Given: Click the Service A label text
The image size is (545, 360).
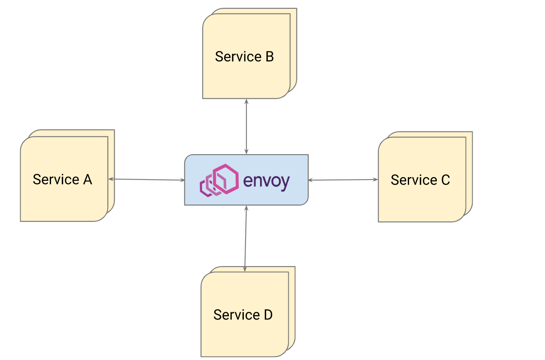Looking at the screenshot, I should click(62, 180).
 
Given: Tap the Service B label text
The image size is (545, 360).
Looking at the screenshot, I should click(244, 57).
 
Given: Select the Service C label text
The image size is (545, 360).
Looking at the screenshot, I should click(420, 180).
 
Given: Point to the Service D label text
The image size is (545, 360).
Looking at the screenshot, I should click(243, 315).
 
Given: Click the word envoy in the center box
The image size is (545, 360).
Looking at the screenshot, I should click(266, 181).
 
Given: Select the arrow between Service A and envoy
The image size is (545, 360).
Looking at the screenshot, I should click(146, 180).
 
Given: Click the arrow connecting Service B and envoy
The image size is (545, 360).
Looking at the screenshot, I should click(246, 126).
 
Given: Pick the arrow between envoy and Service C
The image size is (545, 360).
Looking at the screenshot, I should click(343, 180).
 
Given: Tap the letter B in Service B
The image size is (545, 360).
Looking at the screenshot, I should click(269, 57).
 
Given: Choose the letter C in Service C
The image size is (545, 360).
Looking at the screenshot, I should click(445, 180).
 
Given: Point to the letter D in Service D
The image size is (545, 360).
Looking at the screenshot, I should click(267, 315).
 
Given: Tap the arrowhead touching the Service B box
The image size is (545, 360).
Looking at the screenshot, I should click(246, 101).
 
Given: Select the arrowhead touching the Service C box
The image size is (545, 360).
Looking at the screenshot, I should click(376, 180).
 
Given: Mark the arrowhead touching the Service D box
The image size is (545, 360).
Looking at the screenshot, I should click(245, 269).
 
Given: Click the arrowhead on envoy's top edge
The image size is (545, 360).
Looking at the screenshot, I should click(246, 152).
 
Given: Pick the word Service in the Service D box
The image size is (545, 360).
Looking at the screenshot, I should click(233, 315).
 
